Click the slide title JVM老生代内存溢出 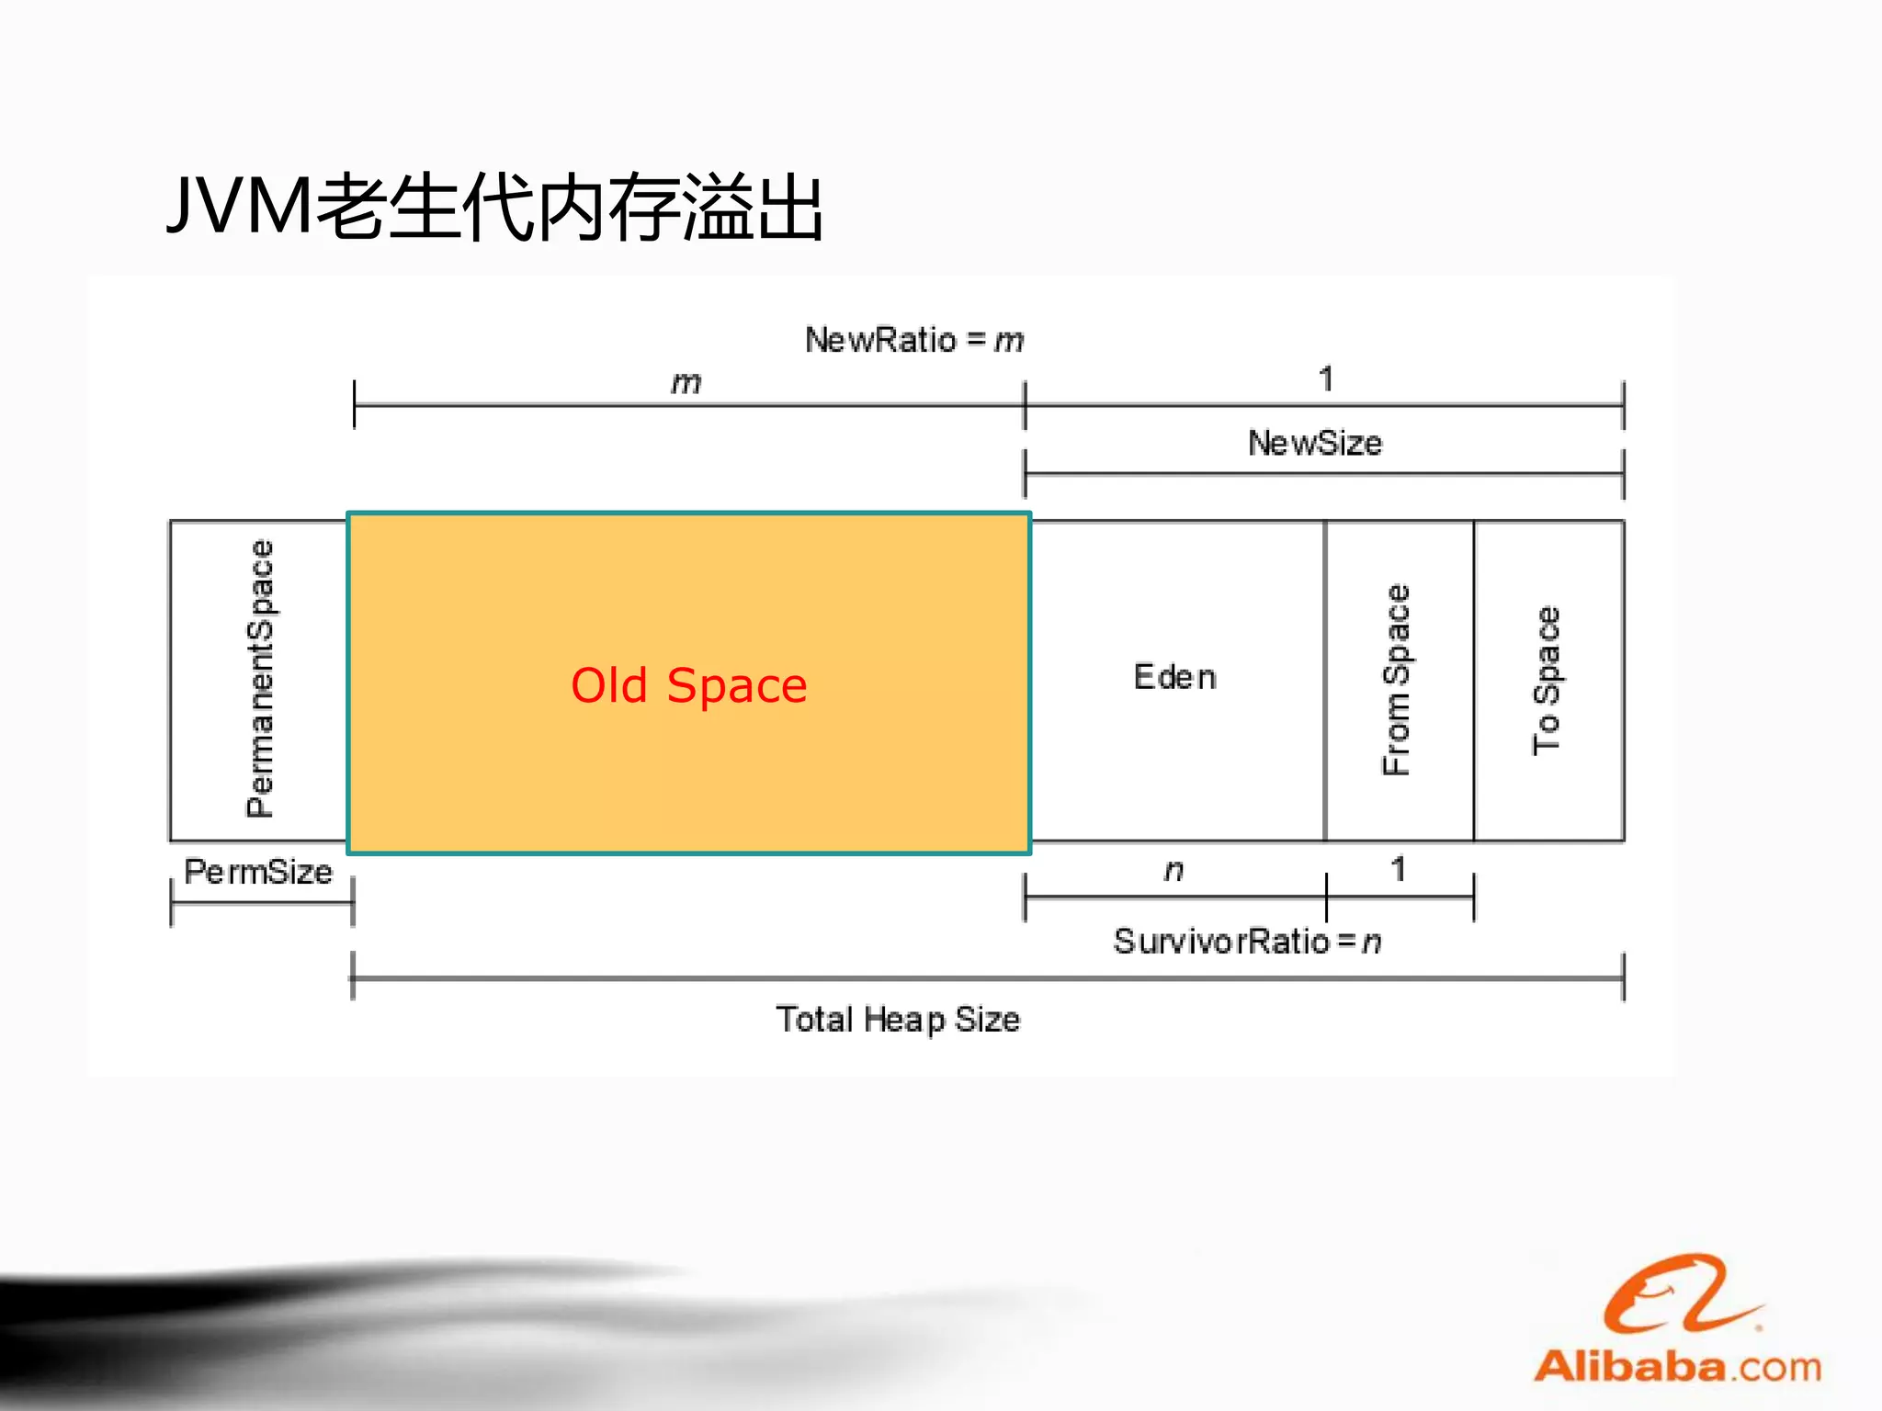click(494, 208)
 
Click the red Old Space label click(689, 685)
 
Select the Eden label click(1174, 677)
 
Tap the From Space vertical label click(1396, 680)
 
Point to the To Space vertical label click(1547, 680)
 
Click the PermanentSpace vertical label click(260, 678)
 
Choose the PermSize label click(258, 871)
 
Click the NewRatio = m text click(913, 340)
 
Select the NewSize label click(1314, 443)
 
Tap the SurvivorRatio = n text click(1247, 941)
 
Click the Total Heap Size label click(898, 1019)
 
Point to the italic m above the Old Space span click(686, 382)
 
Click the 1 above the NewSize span click(1325, 378)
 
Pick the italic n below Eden click(1173, 869)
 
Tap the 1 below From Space click(1398, 868)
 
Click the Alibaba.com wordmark click(1677, 1366)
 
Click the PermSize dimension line click(262, 902)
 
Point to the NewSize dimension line click(1323, 474)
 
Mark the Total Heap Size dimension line click(987, 978)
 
